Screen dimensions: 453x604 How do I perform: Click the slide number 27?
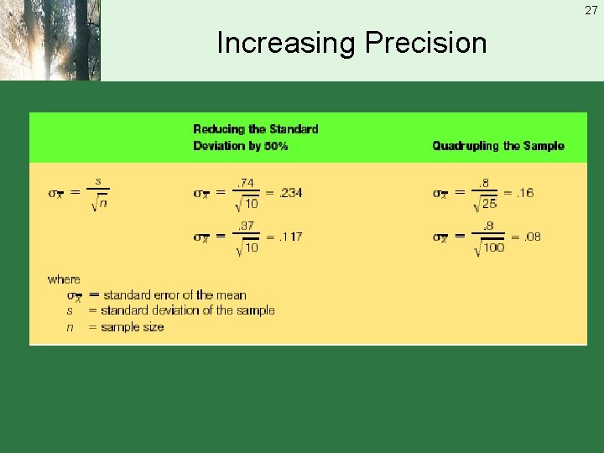pos(591,9)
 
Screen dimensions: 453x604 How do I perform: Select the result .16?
pos(524,192)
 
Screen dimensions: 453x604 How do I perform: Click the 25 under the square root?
pos(489,204)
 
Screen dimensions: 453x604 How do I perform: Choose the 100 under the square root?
pos(493,247)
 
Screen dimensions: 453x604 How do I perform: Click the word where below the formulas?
pos(64,279)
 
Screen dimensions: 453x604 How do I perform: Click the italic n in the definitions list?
pos(70,327)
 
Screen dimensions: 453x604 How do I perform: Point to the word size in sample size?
pos(151,327)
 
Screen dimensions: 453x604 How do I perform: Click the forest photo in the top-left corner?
pos(49,40)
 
